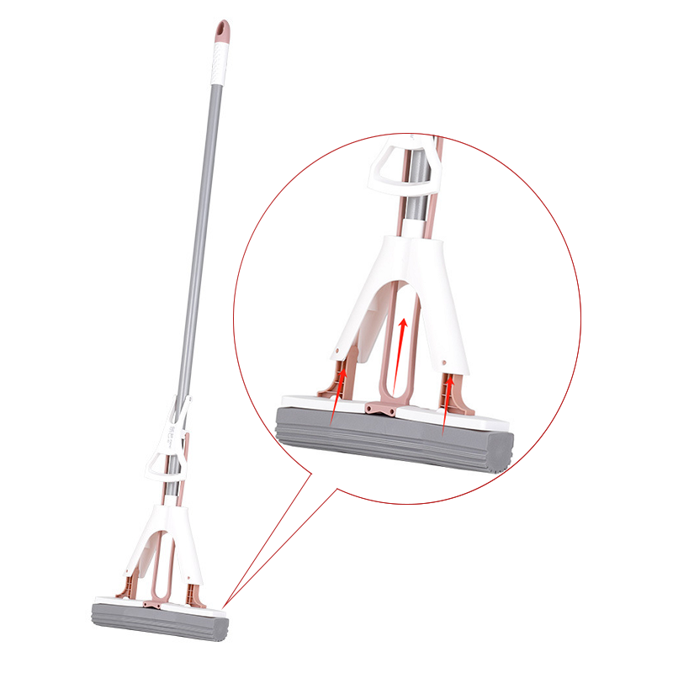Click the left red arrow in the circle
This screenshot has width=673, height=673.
(x=339, y=395)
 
